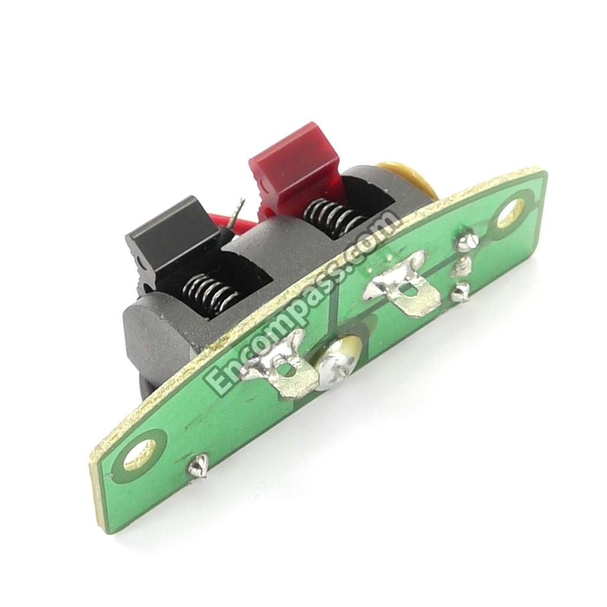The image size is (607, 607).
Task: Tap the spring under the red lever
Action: click(x=334, y=218)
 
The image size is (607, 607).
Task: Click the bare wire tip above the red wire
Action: click(x=236, y=213)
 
